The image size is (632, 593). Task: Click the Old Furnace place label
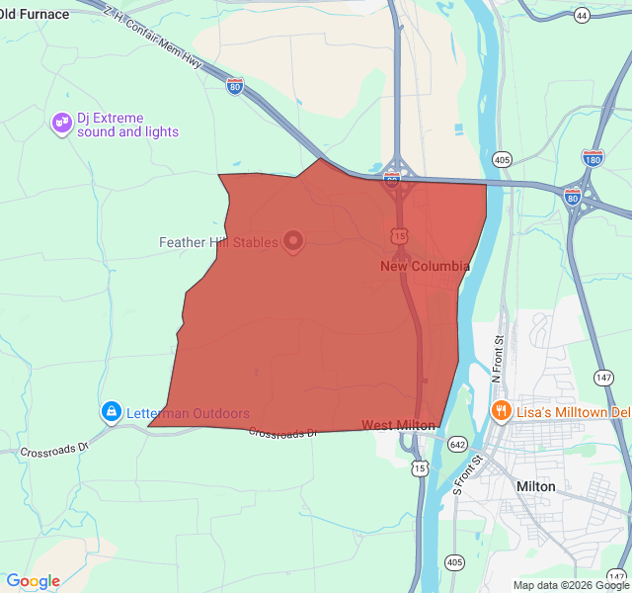click(35, 14)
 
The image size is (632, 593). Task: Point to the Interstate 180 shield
click(592, 157)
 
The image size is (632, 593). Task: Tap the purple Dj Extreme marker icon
click(61, 124)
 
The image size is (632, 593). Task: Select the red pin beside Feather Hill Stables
click(293, 241)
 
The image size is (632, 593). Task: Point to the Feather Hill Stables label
click(218, 242)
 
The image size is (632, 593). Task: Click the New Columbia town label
click(425, 267)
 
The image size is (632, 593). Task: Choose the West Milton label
click(398, 425)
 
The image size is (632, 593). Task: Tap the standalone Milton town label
click(536, 486)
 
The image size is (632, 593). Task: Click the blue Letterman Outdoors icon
click(112, 411)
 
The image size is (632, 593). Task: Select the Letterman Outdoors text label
click(188, 413)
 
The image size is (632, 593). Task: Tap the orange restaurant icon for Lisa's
click(501, 410)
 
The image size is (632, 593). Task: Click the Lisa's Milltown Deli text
click(573, 410)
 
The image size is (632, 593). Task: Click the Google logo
click(33, 581)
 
